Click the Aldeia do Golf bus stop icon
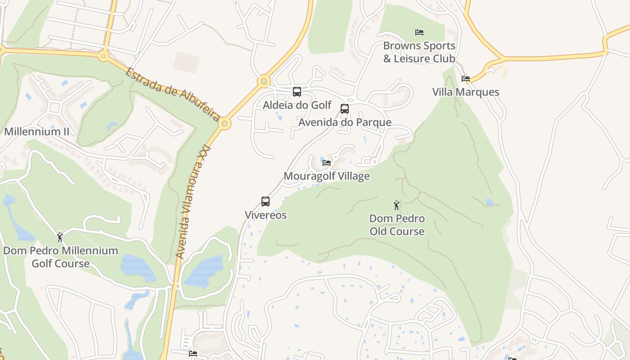pos(297,92)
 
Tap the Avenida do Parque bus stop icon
pos(345,109)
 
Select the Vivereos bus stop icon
pos(265,202)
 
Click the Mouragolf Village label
pos(327,176)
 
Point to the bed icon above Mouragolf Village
pos(327,162)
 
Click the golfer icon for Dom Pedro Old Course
pos(396,205)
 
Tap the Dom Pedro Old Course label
pos(397,225)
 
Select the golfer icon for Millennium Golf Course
pos(60,237)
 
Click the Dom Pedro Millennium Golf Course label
pos(61,257)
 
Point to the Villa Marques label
pos(466,92)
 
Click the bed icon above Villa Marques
pos(466,79)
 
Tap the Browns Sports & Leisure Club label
pos(419,52)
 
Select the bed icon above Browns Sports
pos(419,32)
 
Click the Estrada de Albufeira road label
pos(172,94)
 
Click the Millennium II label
pos(37,132)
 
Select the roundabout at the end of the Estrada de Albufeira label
pos(225,123)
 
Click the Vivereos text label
pos(265,215)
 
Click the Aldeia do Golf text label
pos(297,105)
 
